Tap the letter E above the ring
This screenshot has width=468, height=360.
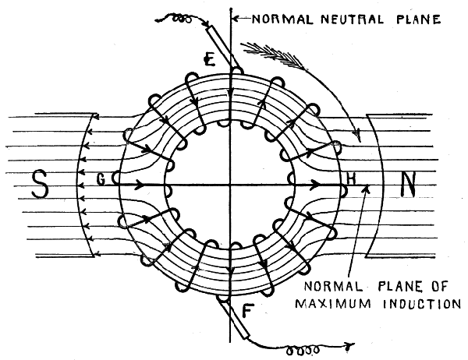pyautogui.click(x=208, y=58)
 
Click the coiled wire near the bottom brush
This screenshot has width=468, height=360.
pyautogui.click(x=300, y=349)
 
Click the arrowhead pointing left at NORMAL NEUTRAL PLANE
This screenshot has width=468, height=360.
pyautogui.click(x=239, y=15)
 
